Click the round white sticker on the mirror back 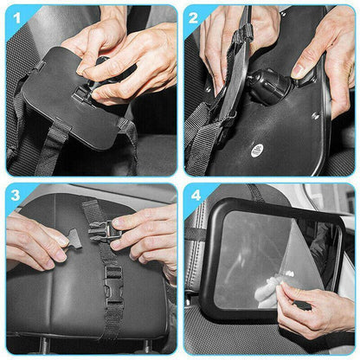pyautogui.click(x=257, y=150)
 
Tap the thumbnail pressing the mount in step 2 pyautogui.click(x=298, y=71)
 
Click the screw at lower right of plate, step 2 pyautogui.click(x=315, y=115)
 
